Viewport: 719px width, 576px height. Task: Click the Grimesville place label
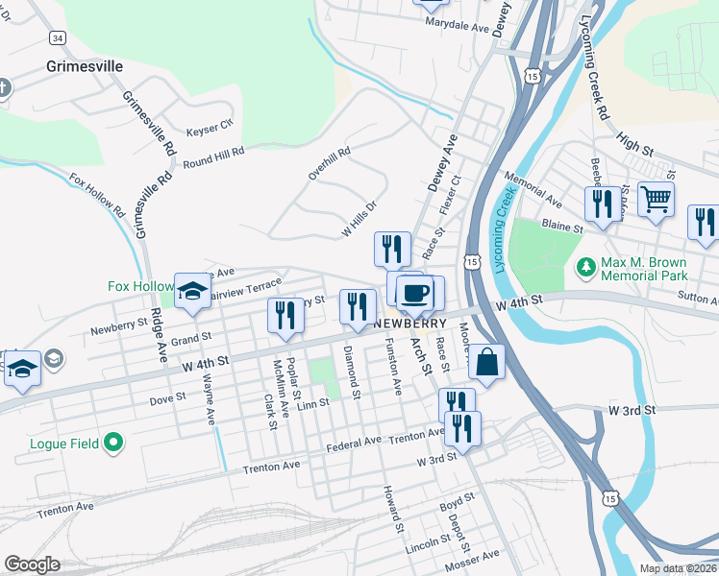point(85,66)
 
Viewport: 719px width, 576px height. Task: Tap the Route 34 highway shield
point(59,37)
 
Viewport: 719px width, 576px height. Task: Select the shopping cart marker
point(656,200)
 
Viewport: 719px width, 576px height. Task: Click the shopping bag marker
point(486,363)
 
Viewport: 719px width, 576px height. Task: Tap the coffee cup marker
point(414,292)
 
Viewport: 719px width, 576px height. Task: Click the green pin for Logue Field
point(113,443)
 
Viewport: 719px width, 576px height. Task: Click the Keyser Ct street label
point(210,125)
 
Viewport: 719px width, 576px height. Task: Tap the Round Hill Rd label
point(213,156)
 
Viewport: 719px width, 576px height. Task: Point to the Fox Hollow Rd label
point(97,194)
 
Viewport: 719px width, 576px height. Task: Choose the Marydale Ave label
point(458,27)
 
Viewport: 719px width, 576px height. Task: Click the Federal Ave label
point(354,443)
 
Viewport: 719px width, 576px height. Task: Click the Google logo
point(32,564)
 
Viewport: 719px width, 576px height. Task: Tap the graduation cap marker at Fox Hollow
point(192,292)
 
